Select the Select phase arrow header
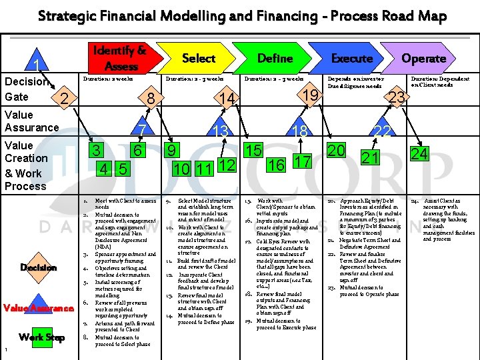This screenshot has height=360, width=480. point(198,58)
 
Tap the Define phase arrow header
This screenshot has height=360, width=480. point(275,58)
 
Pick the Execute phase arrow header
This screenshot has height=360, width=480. point(351,58)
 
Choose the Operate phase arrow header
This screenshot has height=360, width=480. point(423,58)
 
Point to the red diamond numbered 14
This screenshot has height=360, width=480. point(229,99)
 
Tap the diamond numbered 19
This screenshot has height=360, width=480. point(309,95)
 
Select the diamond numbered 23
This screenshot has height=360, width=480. point(397,98)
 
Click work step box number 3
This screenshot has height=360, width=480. point(97,150)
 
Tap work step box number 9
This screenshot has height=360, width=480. point(172,150)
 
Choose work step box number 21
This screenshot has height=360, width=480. point(370,158)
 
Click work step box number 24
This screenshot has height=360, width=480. point(419,154)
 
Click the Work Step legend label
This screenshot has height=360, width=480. point(41,337)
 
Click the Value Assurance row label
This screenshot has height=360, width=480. point(31,121)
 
